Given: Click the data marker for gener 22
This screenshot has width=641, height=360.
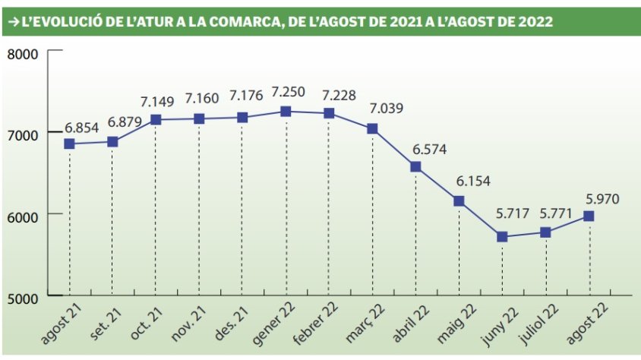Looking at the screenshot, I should point(286,112).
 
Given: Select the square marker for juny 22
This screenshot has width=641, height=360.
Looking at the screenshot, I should point(503,237).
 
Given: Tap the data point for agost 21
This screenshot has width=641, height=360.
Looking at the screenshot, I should point(69,144).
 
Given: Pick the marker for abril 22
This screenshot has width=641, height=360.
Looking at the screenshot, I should point(415,167).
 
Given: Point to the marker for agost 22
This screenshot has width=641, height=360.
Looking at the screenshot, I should point(589,216).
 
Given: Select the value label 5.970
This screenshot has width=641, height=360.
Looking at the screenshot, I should point(603,199).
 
